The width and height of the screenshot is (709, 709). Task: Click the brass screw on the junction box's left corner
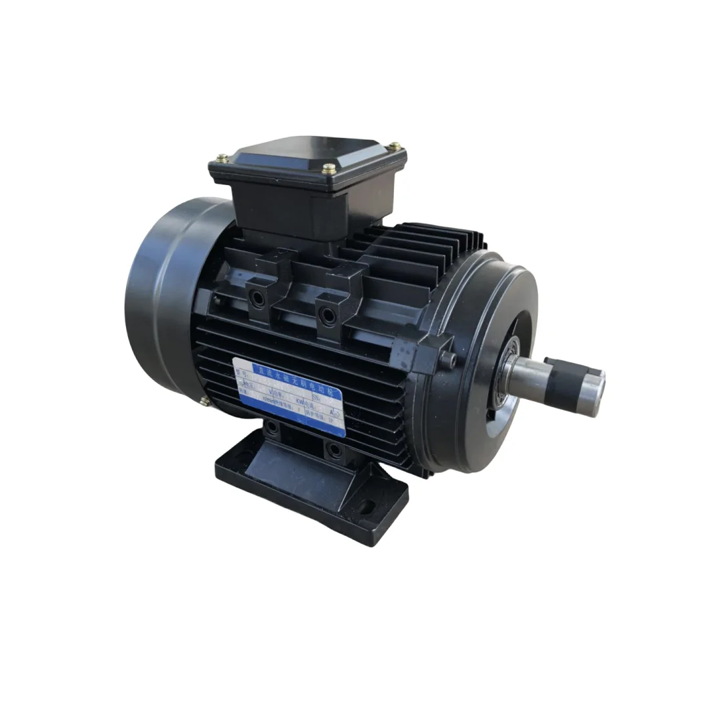221,158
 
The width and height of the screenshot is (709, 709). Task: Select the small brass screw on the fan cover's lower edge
205,401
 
